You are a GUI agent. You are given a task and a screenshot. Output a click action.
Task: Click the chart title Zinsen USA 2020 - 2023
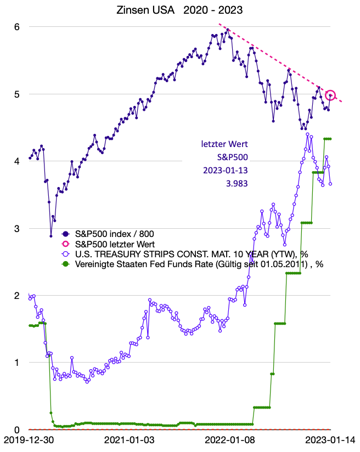pyautogui.click(x=180, y=10)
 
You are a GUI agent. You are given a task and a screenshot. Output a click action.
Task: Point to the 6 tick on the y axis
pyautogui.click(x=16, y=26)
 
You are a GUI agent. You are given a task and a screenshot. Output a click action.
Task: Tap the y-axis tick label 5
pyautogui.click(x=16, y=94)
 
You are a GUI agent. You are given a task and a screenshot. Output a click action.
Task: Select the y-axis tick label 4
pyautogui.click(x=16, y=161)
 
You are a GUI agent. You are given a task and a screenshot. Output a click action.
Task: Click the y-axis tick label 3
pyautogui.click(x=16, y=228)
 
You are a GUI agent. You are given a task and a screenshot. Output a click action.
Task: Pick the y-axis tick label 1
pyautogui.click(x=16, y=363)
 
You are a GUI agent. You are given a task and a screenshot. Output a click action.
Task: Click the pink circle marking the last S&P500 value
pyautogui.click(x=330, y=95)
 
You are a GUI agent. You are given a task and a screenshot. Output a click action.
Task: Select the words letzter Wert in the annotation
pyautogui.click(x=225, y=145)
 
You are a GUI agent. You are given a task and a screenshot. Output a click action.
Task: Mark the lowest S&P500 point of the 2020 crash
pyautogui.click(x=51, y=236)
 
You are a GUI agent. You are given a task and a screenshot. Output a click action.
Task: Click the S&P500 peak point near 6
pyautogui.click(x=228, y=30)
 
